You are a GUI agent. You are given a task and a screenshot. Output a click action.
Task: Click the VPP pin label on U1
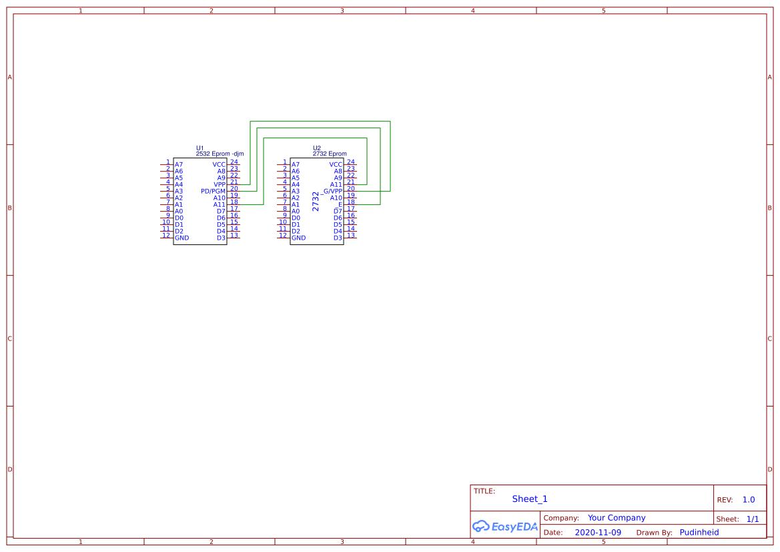[x=220, y=185]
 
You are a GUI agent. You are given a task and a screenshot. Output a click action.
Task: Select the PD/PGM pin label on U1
[x=213, y=191]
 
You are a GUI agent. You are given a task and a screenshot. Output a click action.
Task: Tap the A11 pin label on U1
[x=220, y=204]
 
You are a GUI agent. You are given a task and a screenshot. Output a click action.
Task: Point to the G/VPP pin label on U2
[x=333, y=191]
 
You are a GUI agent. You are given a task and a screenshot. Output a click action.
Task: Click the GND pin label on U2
[x=298, y=238]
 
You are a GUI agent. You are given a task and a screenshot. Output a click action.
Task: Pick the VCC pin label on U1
[x=219, y=165]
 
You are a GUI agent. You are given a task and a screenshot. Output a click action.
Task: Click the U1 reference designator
[x=200, y=148]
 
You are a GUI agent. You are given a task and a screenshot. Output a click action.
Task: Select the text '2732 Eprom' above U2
[x=330, y=154]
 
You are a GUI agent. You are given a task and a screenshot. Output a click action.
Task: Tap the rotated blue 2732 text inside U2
[x=316, y=201]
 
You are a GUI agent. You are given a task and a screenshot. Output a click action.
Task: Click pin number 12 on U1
[x=166, y=236]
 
